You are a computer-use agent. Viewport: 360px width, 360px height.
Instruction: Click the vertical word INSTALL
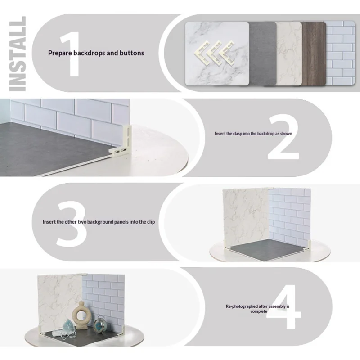pos(18,54)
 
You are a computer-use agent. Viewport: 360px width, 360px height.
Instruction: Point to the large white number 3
pos(72,224)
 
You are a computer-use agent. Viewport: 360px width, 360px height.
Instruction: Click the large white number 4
pos(284,307)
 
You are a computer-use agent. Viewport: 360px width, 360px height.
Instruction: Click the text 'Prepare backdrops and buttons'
pos(96,53)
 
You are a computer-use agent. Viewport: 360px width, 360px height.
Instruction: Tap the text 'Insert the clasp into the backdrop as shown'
pos(253,133)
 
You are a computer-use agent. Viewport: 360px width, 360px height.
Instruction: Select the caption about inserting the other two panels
pos(99,222)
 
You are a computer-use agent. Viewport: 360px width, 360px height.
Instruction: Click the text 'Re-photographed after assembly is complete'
pos(257,309)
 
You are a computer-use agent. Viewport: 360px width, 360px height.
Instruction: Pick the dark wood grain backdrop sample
pos(313,54)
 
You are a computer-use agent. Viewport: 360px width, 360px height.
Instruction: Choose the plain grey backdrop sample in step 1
pos(263,54)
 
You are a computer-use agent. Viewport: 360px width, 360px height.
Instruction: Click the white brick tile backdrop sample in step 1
pos(341,53)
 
